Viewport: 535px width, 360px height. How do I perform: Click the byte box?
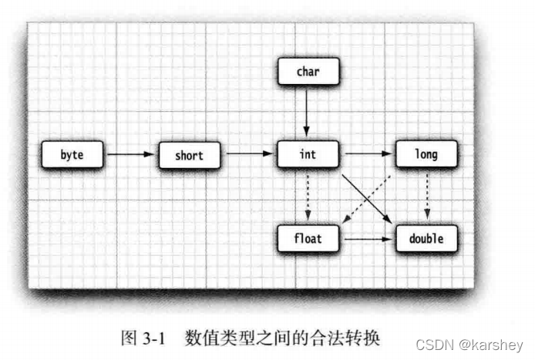coord(72,155)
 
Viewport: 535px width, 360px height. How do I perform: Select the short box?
coord(189,155)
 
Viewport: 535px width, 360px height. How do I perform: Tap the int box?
coord(307,154)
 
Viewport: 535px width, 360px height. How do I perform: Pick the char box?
coord(307,72)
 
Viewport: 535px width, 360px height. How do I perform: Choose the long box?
coord(426,154)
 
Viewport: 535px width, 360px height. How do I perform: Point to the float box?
coord(307,239)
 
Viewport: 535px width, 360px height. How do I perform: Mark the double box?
coord(426,239)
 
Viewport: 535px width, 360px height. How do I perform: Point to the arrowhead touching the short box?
coord(153,155)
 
